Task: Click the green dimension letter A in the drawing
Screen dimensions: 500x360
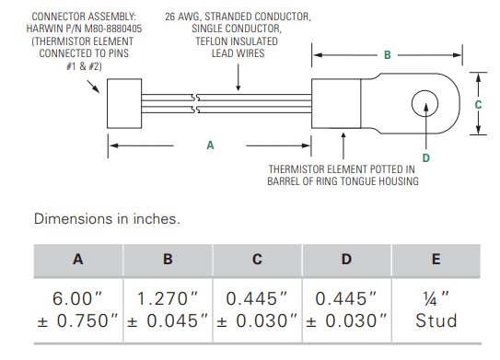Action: pyautogui.click(x=210, y=145)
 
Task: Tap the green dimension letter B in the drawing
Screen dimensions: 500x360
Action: pyautogui.click(x=388, y=55)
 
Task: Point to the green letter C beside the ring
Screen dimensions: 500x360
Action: pyautogui.click(x=478, y=105)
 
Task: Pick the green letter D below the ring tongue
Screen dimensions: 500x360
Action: pyautogui.click(x=426, y=157)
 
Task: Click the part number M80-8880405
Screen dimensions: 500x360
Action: pyautogui.click(x=113, y=29)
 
